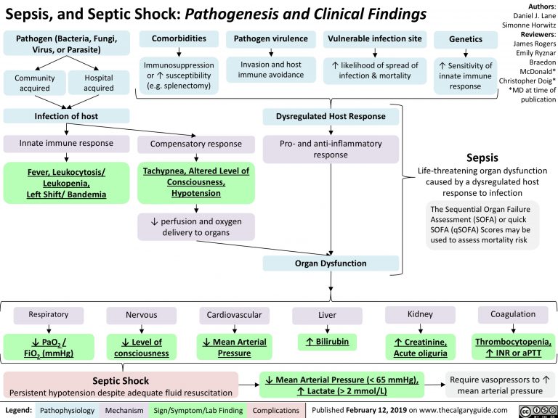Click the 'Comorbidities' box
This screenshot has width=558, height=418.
[x=178, y=39]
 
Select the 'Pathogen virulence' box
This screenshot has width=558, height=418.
[x=270, y=39]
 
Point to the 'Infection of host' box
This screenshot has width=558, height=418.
[x=65, y=116]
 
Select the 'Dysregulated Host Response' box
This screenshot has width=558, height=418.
[x=331, y=117]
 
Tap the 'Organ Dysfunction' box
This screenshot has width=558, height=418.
[x=331, y=263]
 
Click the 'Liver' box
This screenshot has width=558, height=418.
[x=326, y=315]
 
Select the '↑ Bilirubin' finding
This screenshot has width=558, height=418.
[x=327, y=341]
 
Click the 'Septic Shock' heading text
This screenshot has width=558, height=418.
[x=121, y=380]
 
